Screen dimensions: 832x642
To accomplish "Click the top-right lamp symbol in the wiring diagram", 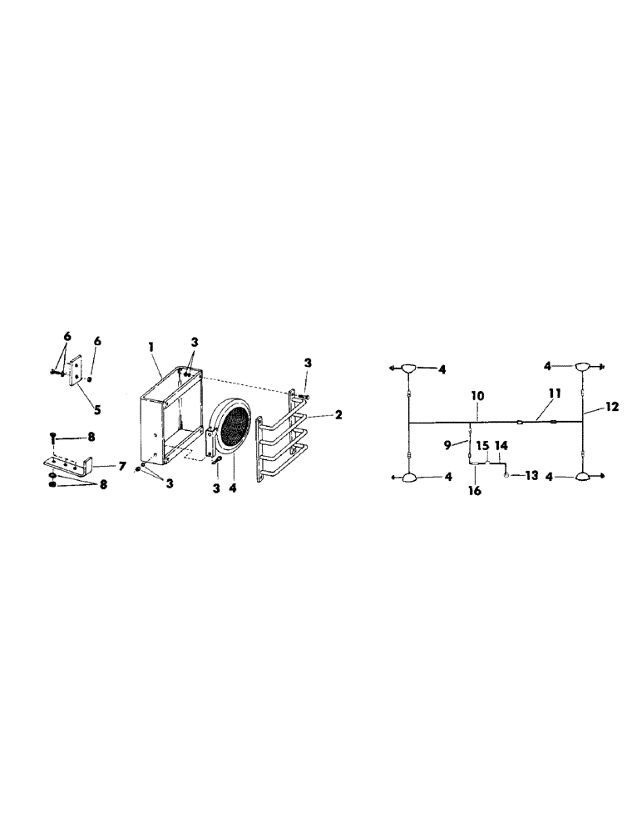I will coord(583,367).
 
